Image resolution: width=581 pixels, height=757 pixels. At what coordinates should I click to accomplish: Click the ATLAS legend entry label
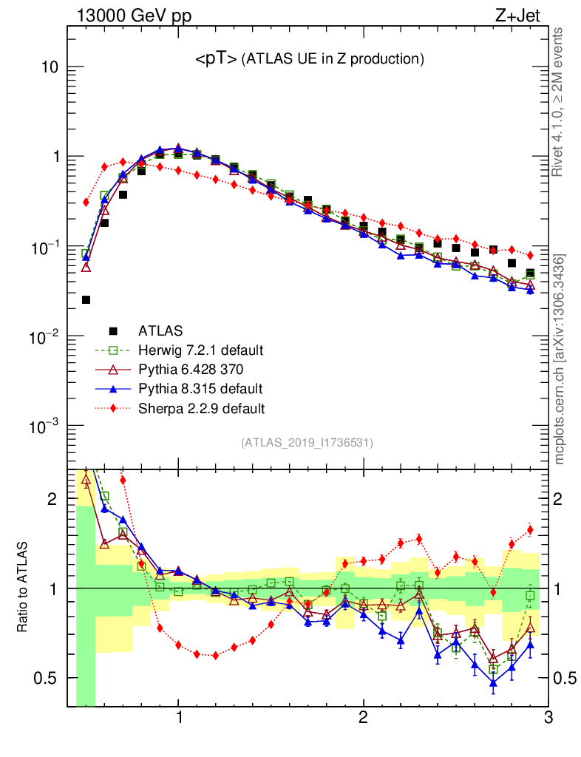pyautogui.click(x=160, y=330)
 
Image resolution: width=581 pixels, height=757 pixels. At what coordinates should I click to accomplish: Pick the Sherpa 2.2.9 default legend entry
pyautogui.click(x=201, y=407)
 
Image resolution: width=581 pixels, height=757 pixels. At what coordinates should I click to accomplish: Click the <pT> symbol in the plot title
pyautogui.click(x=216, y=60)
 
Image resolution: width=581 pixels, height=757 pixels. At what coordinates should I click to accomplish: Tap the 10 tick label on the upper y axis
pyautogui.click(x=50, y=67)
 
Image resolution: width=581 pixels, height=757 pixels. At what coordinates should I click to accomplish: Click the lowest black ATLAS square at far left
pyautogui.click(x=86, y=299)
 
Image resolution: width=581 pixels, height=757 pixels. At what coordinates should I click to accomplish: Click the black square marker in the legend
pyautogui.click(x=113, y=330)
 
